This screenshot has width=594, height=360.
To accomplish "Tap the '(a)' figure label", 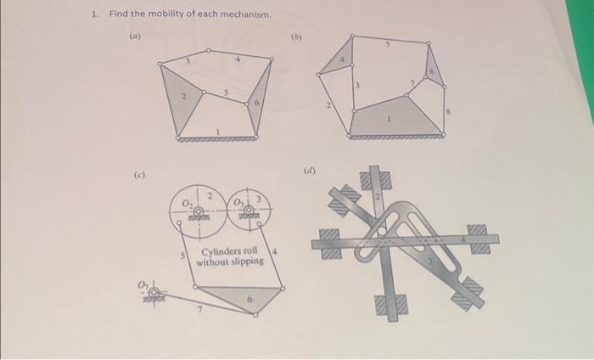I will click(135, 37).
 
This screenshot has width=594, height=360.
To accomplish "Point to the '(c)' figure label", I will click(137, 176).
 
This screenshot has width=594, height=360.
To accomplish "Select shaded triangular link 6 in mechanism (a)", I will click(261, 101).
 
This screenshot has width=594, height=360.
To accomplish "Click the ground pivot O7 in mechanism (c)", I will click(154, 294).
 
